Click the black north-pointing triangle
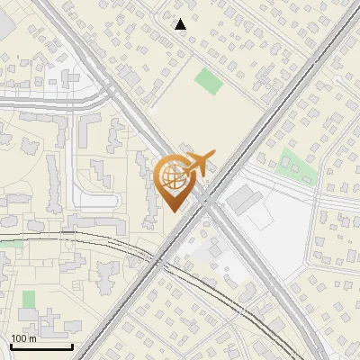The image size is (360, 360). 180,24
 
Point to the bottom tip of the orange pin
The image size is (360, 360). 172,211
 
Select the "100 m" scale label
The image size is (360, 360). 23,338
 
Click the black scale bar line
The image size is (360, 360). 40,346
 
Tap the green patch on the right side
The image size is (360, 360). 293,162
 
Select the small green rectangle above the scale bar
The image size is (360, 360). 29,299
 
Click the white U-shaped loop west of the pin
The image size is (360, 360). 90,193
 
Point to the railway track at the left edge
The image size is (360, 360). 7,241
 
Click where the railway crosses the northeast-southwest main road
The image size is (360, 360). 150,261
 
